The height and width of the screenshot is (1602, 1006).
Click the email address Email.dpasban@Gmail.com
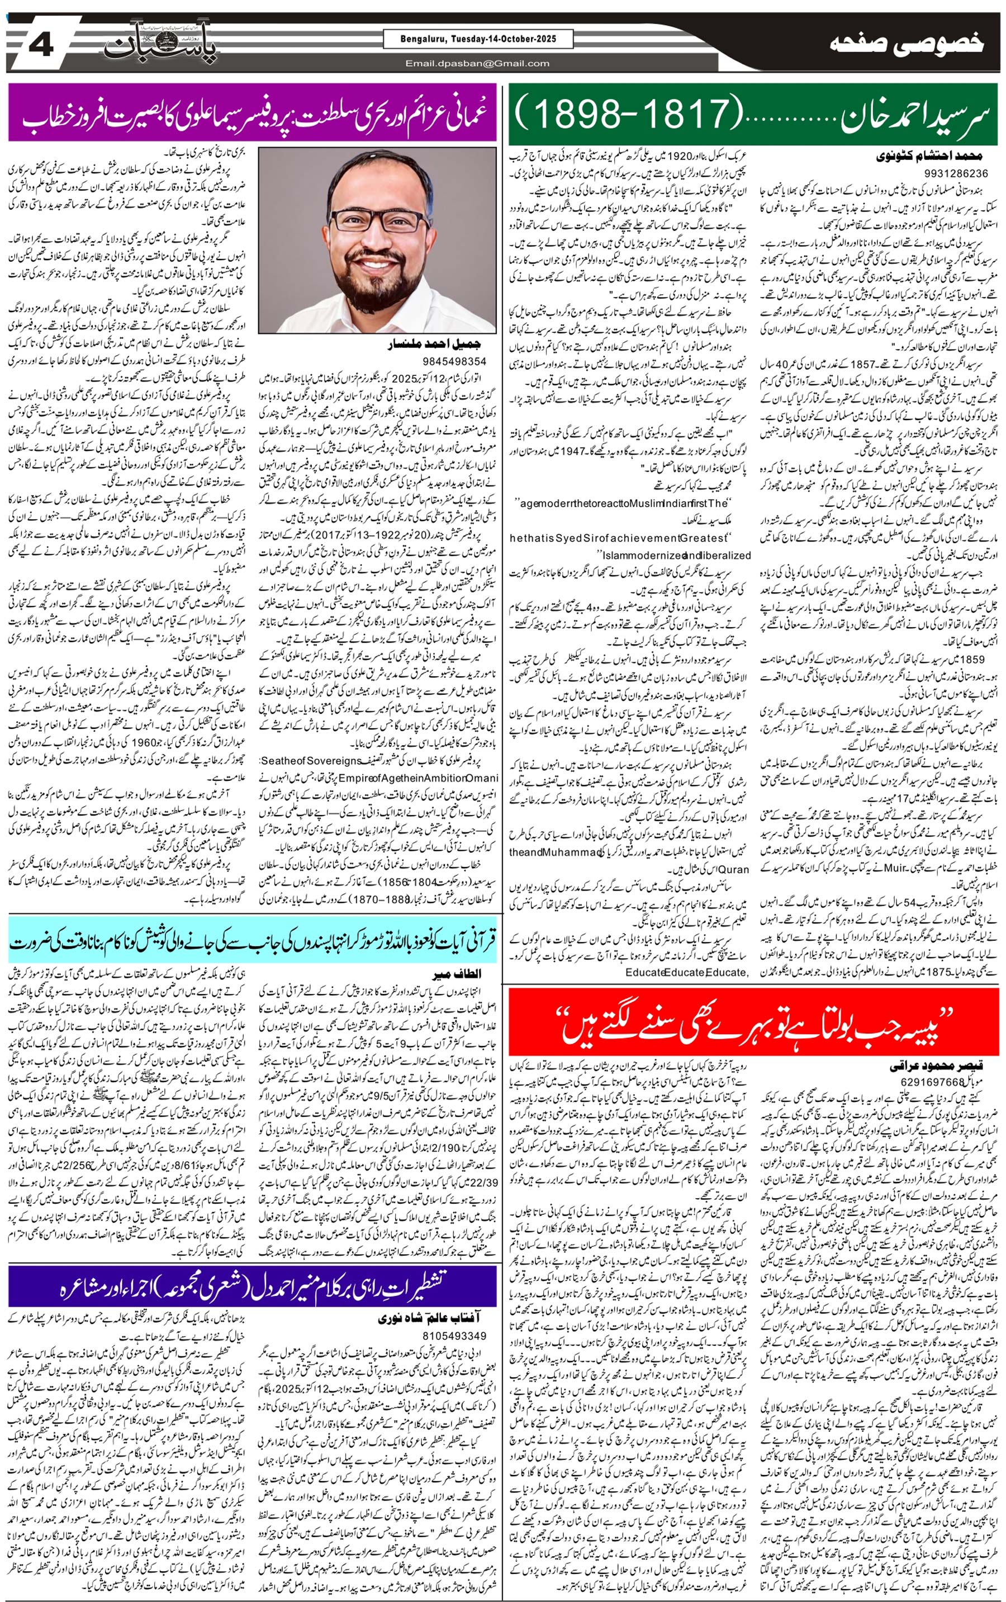(x=478, y=63)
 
